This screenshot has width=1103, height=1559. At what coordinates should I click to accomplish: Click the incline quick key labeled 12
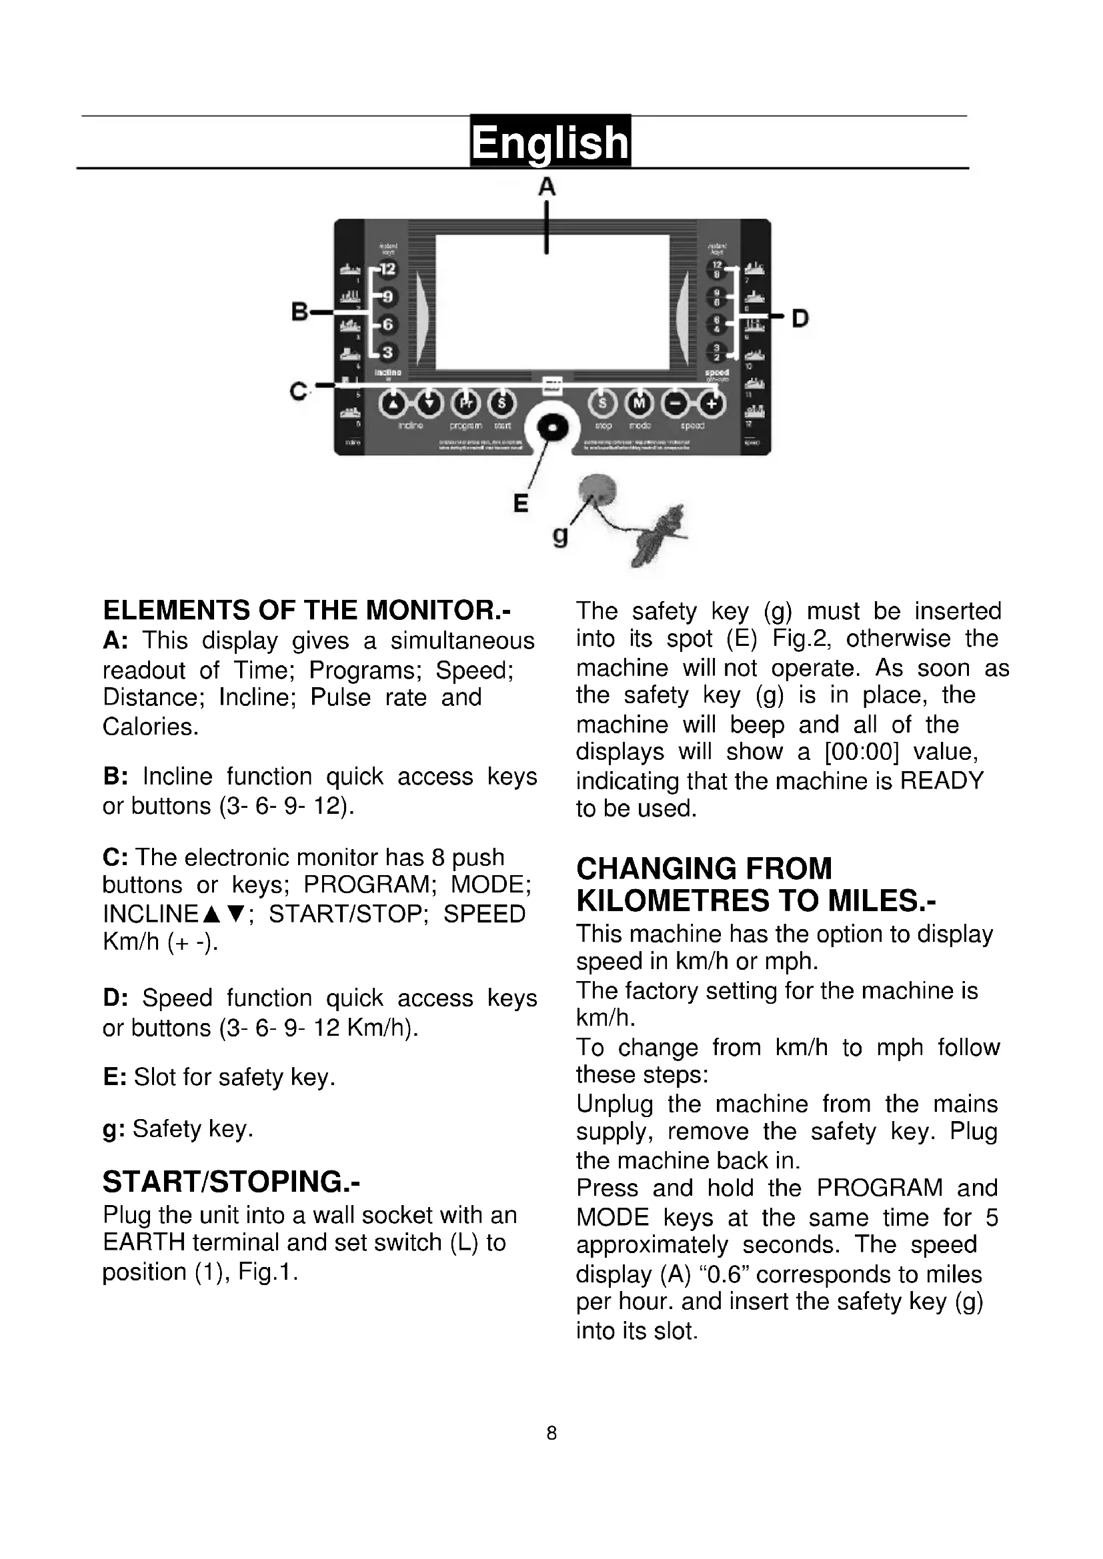(387, 269)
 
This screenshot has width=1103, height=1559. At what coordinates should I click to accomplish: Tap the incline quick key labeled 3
(387, 352)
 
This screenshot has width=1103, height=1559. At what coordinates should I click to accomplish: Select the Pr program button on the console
(465, 403)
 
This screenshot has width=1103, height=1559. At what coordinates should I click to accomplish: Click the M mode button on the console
(638, 403)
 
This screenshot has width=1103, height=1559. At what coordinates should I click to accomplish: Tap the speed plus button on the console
(711, 404)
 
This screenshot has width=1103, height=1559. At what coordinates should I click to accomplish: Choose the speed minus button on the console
(675, 404)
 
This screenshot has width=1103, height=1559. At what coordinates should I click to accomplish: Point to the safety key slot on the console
(551, 427)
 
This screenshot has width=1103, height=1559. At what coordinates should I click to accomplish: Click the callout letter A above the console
(547, 187)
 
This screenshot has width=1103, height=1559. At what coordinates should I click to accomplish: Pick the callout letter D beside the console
(800, 318)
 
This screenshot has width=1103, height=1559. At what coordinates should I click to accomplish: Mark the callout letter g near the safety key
(560, 537)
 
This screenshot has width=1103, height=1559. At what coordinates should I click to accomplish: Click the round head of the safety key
(597, 487)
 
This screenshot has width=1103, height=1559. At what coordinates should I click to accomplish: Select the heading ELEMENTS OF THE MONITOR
(306, 610)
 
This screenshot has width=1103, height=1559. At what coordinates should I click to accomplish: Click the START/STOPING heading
(231, 1182)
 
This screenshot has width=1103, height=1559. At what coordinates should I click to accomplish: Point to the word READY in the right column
(942, 780)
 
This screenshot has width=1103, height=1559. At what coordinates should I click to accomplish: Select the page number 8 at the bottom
(551, 1434)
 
